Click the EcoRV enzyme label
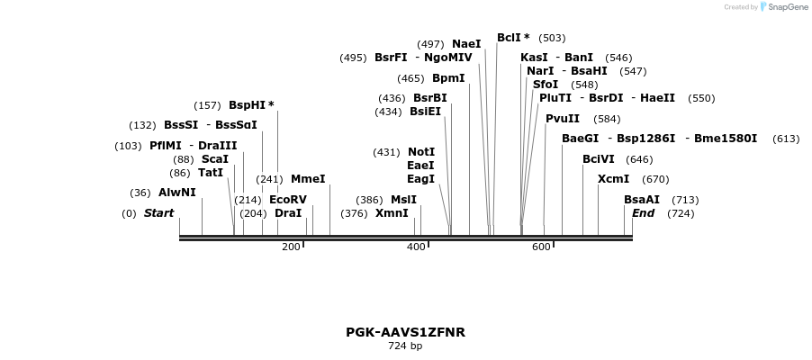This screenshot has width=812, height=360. (x=288, y=200)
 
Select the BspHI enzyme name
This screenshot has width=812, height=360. (x=248, y=105)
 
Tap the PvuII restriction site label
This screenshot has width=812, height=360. (x=563, y=119)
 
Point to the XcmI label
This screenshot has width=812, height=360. (x=614, y=179)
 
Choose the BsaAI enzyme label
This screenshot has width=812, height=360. (x=642, y=200)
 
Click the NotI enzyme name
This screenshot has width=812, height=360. (x=421, y=152)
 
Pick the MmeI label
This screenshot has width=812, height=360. (x=308, y=179)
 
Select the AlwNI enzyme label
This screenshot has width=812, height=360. (x=176, y=193)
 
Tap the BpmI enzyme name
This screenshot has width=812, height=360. (x=448, y=78)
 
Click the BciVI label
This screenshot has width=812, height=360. (x=599, y=159)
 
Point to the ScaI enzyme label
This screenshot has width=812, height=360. (x=215, y=159)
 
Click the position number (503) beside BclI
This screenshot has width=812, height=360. (x=552, y=38)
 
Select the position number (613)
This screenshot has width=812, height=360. (x=786, y=139)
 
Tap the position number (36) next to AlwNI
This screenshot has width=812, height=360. (x=140, y=193)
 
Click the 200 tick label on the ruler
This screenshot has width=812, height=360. (x=291, y=247)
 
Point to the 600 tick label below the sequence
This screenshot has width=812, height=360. (x=541, y=247)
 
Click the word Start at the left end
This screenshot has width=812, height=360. (x=159, y=213)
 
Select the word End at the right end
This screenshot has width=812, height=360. (x=644, y=213)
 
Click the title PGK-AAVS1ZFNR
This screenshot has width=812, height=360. (x=405, y=332)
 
